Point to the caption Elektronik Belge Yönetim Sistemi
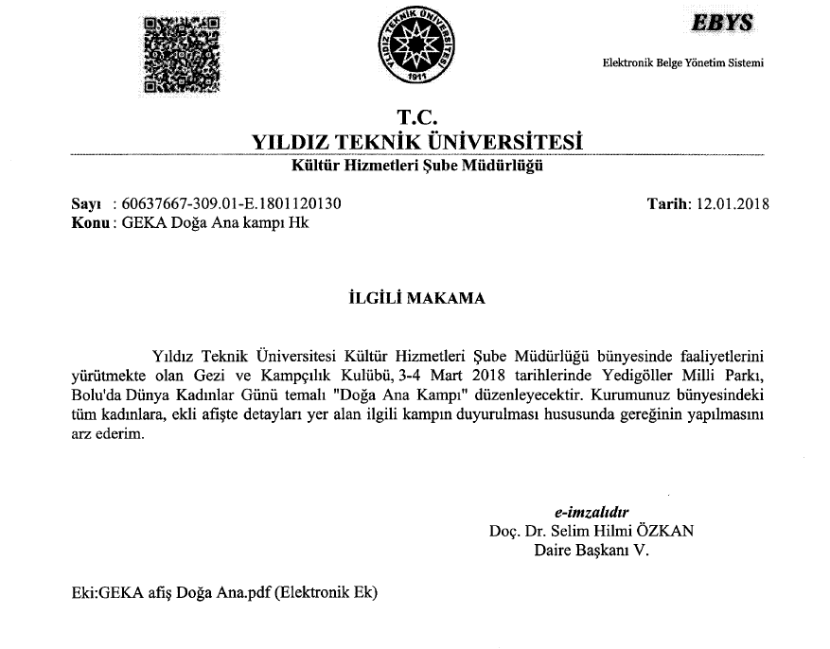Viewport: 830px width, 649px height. tap(682, 63)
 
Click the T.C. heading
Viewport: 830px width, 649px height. tap(415, 117)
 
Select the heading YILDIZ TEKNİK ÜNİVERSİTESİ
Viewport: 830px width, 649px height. tap(416, 142)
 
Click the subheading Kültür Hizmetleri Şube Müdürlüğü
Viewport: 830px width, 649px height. tap(416, 167)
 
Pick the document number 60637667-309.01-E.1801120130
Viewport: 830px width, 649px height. tap(232, 203)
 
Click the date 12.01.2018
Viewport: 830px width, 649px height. tap(733, 203)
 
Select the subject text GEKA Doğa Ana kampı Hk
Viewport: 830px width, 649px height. tap(214, 223)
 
